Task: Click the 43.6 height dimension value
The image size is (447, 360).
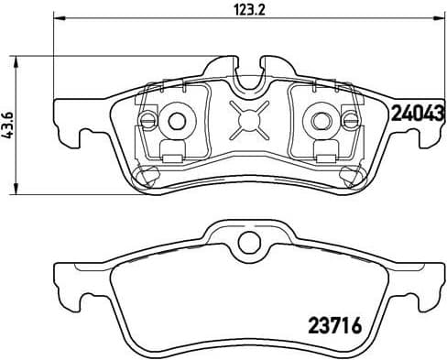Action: click(x=10, y=124)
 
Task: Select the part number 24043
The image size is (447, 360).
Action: click(x=418, y=114)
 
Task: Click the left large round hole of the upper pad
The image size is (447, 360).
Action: click(x=177, y=119)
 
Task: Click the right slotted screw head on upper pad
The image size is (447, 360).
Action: click(x=349, y=119)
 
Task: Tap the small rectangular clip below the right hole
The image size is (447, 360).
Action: click(x=323, y=148)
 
